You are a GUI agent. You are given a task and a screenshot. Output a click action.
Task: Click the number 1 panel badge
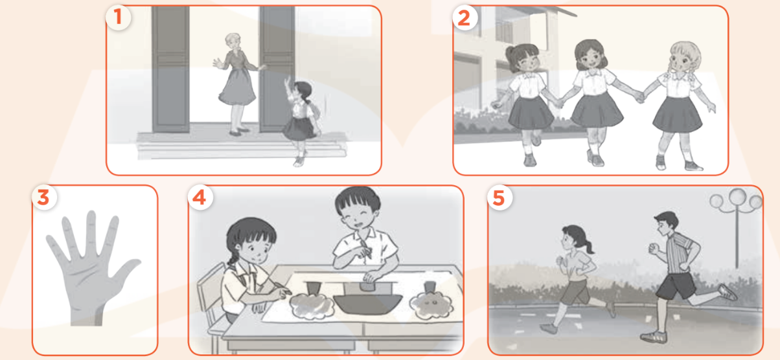pos(118,18)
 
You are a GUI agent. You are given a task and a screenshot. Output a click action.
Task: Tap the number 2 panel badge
pos(464,18)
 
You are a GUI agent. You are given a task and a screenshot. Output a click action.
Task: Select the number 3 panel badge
pos(43,197)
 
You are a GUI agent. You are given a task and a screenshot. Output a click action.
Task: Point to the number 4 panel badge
pos(200,197)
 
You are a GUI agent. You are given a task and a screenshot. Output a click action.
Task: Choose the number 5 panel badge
pos(499,197)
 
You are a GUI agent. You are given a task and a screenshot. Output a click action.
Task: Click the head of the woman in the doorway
pos(233,43)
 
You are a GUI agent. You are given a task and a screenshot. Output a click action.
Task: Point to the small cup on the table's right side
pos(430,287)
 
